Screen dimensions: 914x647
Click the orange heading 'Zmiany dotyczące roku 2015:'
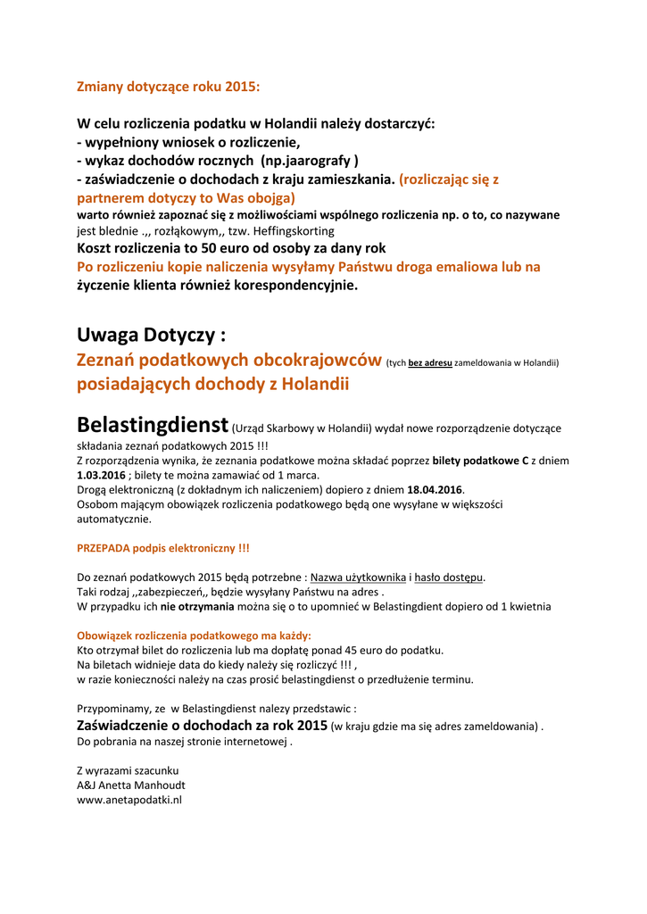point(169,87)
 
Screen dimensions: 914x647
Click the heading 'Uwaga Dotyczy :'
point(151,336)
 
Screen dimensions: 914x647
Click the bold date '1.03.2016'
point(101,475)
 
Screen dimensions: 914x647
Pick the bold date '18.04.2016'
point(435,490)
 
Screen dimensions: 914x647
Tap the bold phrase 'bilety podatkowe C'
point(481,461)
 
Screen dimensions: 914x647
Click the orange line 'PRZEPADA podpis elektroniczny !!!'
point(163,547)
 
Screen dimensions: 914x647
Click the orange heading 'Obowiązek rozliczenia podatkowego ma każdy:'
point(194,636)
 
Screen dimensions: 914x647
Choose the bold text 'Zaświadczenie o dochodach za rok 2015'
point(203,725)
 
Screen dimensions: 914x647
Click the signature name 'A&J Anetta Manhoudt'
point(131,785)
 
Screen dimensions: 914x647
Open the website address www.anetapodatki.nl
point(129,800)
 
